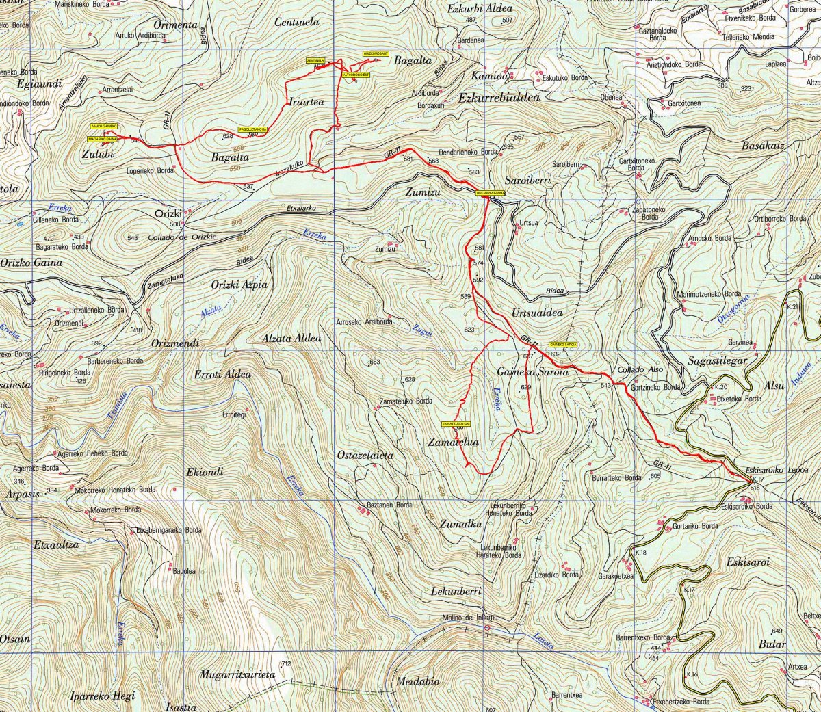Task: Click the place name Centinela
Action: tap(297, 23)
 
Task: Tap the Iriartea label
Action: tap(306, 102)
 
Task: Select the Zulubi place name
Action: tap(97, 155)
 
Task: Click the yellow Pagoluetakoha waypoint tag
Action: tap(252, 129)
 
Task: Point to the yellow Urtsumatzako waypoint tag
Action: tap(491, 194)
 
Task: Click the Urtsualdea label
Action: tap(537, 313)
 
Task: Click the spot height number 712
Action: tap(286, 664)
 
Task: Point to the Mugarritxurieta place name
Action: tap(237, 674)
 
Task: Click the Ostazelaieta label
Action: tap(365, 455)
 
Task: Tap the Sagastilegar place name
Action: tap(717, 360)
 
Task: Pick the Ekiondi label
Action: tap(205, 472)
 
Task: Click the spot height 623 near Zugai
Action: tap(469, 330)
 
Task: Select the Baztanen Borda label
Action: tap(389, 505)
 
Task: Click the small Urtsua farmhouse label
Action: tap(529, 223)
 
